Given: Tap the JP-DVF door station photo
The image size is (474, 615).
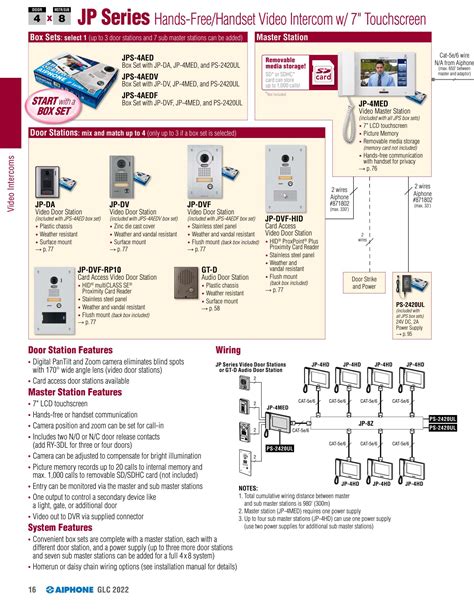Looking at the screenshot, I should click(x=199, y=175).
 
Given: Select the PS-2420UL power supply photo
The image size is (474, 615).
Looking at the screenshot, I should click(x=412, y=270).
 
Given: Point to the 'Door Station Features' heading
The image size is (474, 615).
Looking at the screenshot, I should click(x=74, y=351).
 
